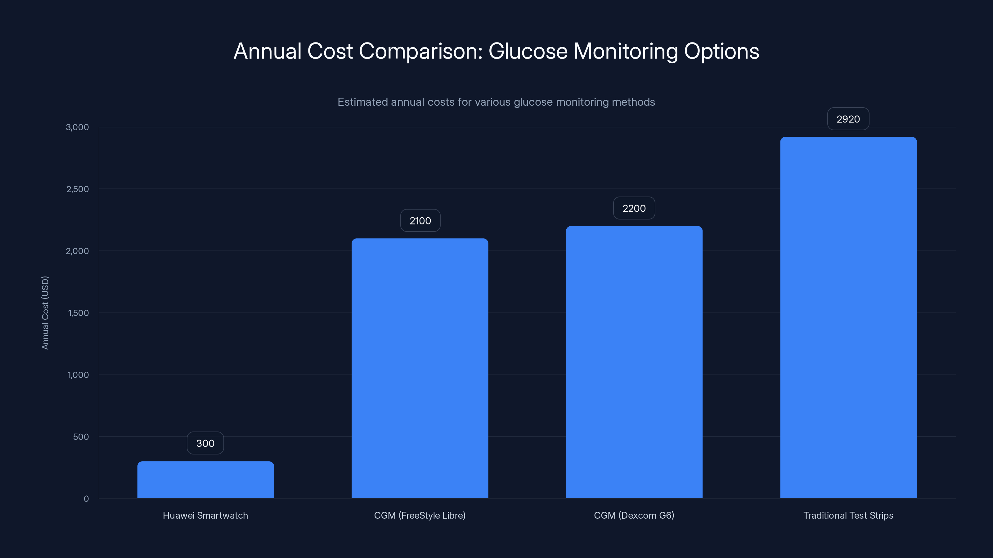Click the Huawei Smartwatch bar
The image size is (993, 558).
tap(205, 480)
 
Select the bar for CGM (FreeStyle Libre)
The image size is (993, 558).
tap(420, 368)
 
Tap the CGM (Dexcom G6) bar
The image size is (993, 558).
tap(634, 362)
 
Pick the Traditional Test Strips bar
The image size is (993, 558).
tap(848, 317)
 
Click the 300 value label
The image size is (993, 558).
tap(205, 443)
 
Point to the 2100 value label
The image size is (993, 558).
tap(420, 221)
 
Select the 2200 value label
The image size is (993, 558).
tap(634, 208)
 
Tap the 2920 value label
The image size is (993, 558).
tap(848, 119)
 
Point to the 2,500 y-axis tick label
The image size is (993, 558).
tap(78, 189)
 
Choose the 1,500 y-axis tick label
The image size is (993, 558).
tap(78, 313)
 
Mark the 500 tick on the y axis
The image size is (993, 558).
tap(81, 437)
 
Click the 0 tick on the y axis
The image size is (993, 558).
tap(86, 499)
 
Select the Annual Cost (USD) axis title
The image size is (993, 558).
tap(45, 313)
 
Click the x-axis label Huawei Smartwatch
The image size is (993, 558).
tap(205, 515)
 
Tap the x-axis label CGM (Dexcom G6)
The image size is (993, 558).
tap(634, 515)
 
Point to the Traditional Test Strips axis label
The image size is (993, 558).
tap(848, 515)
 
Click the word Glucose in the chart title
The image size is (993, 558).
tap(528, 51)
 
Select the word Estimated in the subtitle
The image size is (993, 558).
tap(363, 102)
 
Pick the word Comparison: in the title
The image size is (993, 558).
tap(420, 51)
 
